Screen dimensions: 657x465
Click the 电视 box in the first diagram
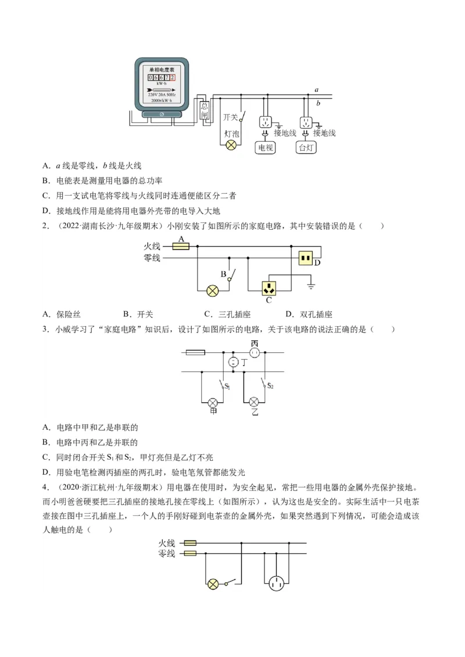266,147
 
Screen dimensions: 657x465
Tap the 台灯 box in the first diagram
305,147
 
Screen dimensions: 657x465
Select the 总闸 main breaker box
205,110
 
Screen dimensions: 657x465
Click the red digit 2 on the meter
172,77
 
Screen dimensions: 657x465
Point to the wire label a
316,90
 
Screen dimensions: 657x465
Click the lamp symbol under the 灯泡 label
231,146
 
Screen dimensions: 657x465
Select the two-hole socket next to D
306,258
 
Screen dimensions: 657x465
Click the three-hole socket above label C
269,287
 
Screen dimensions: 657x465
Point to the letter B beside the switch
223,274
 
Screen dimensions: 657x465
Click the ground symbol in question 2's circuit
312,286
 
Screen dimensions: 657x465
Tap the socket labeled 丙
254,352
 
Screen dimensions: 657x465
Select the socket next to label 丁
233,362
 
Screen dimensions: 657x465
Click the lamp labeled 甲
213,402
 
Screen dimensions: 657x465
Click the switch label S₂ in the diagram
270,386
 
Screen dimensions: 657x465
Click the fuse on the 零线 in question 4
189,554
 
